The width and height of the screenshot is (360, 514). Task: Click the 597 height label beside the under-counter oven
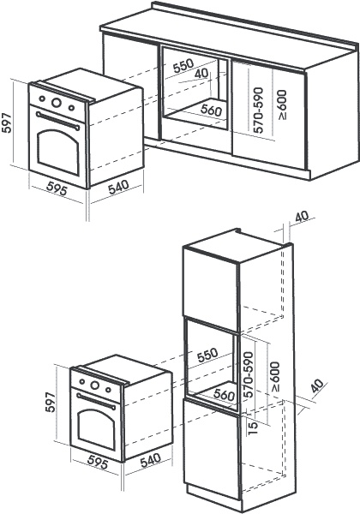click(x=7, y=123)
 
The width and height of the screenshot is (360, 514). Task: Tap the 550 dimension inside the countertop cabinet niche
click(x=183, y=65)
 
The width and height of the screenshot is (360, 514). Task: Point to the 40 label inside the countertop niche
click(x=201, y=74)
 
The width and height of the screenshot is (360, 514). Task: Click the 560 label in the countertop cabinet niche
click(x=211, y=110)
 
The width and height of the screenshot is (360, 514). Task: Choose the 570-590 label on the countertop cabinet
click(x=259, y=110)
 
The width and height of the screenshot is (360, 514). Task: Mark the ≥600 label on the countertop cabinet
click(x=282, y=105)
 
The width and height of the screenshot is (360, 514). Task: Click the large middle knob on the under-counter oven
click(x=57, y=102)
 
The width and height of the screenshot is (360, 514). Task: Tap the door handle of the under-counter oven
click(x=57, y=120)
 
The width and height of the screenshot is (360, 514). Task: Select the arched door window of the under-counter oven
click(x=58, y=152)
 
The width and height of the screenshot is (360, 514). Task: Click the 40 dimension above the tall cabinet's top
click(x=302, y=217)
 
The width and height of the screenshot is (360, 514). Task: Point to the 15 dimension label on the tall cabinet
click(x=253, y=428)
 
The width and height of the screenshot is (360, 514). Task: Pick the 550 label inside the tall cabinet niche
click(x=207, y=355)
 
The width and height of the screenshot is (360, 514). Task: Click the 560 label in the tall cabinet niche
click(x=224, y=394)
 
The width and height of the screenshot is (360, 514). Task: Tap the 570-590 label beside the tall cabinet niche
click(x=249, y=374)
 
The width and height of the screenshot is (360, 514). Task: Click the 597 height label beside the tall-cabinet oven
click(x=51, y=402)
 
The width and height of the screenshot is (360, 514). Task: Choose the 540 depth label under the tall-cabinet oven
click(x=151, y=460)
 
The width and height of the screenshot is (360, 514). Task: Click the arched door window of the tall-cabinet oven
click(x=97, y=429)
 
